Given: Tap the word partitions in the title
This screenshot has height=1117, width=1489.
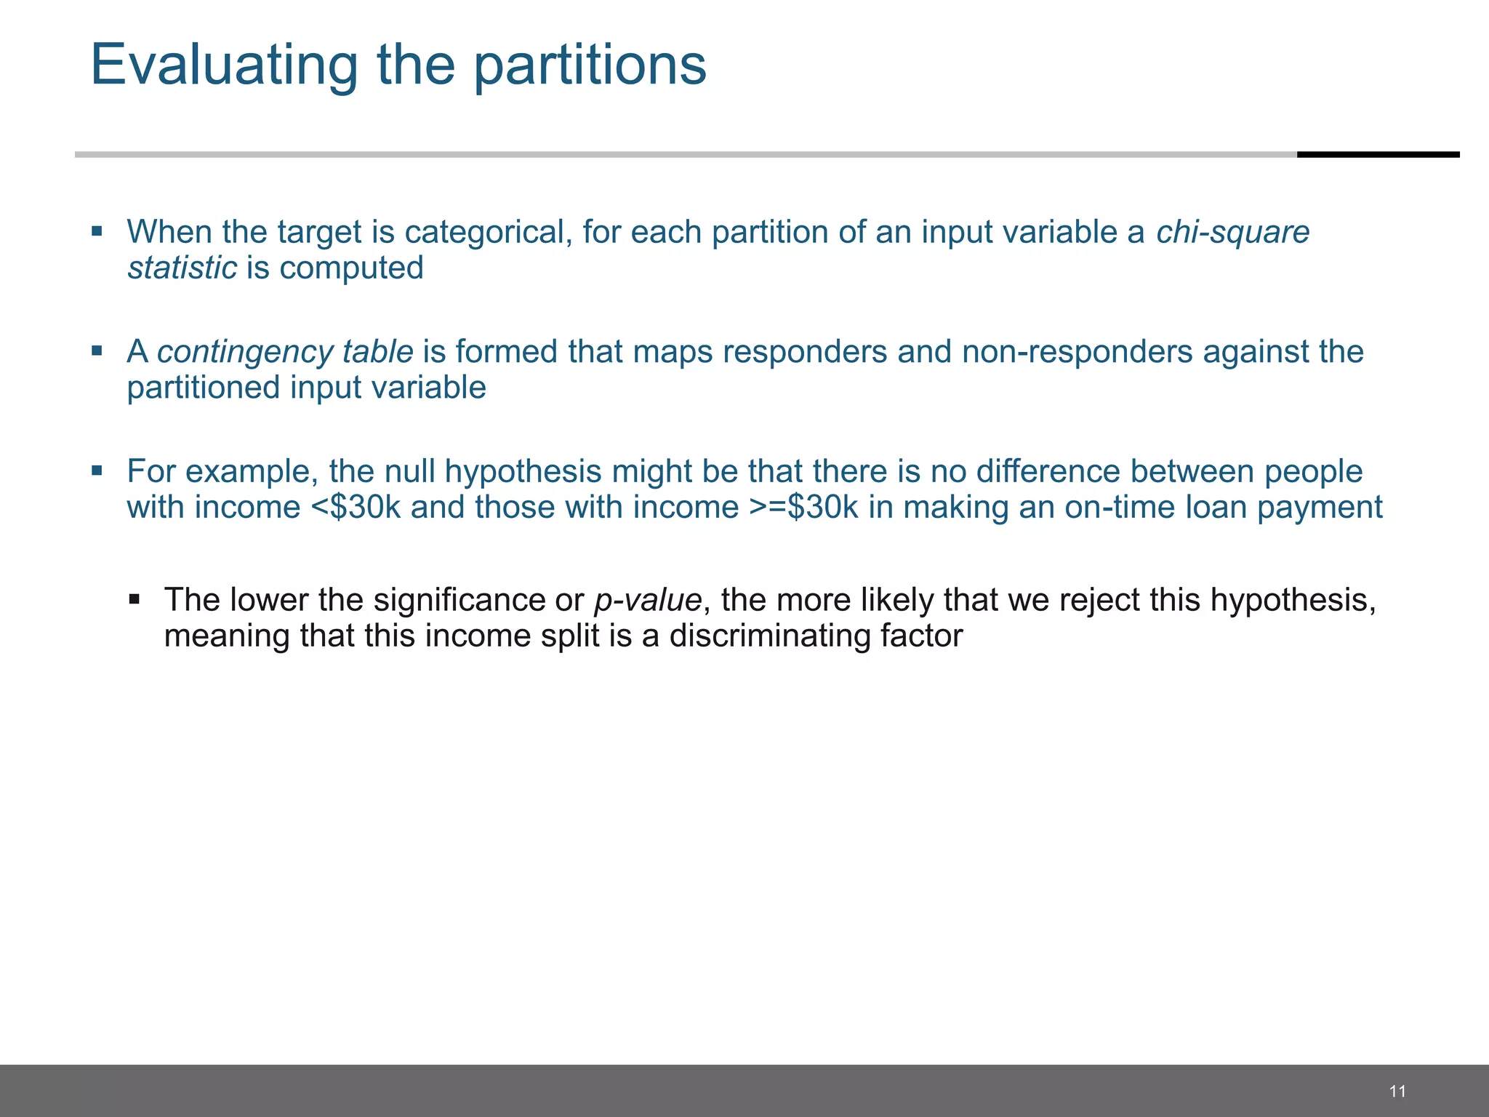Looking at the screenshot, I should click(590, 65).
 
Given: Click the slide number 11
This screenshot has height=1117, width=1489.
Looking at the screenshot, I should click(1397, 1091).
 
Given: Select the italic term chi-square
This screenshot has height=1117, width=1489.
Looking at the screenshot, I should click(1232, 232).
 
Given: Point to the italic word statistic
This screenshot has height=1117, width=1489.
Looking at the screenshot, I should click(182, 268).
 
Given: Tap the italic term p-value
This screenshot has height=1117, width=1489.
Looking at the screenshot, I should click(648, 600).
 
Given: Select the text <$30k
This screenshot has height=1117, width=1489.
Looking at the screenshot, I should click(356, 507).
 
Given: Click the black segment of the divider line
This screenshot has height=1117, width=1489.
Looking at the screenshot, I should click(1378, 154).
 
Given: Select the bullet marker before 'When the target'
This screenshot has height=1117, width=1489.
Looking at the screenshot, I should click(97, 231).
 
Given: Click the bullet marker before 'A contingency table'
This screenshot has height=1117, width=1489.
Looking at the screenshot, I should click(97, 351).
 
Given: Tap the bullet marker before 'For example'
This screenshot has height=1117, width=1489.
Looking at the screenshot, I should click(97, 471).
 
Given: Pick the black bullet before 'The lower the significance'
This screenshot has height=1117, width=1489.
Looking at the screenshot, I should click(134, 599).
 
